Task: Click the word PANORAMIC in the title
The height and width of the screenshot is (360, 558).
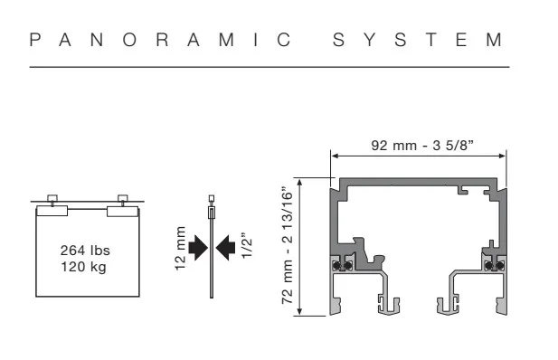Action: coord(160,40)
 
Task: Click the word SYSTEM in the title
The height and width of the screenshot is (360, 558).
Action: coord(418,40)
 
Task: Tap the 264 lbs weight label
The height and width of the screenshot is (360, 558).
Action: coord(85,251)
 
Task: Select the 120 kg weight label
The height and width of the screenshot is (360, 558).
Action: coord(83,267)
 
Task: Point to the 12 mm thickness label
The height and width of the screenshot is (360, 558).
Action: coord(181,248)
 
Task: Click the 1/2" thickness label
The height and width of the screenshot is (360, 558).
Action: coord(247,246)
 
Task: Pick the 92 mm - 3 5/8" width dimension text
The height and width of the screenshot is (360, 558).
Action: coord(422,146)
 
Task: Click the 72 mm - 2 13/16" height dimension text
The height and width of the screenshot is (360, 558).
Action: coord(288,245)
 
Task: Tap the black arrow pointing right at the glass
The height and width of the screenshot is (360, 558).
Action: coord(198,247)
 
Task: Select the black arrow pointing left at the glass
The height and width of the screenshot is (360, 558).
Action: coord(225,247)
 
